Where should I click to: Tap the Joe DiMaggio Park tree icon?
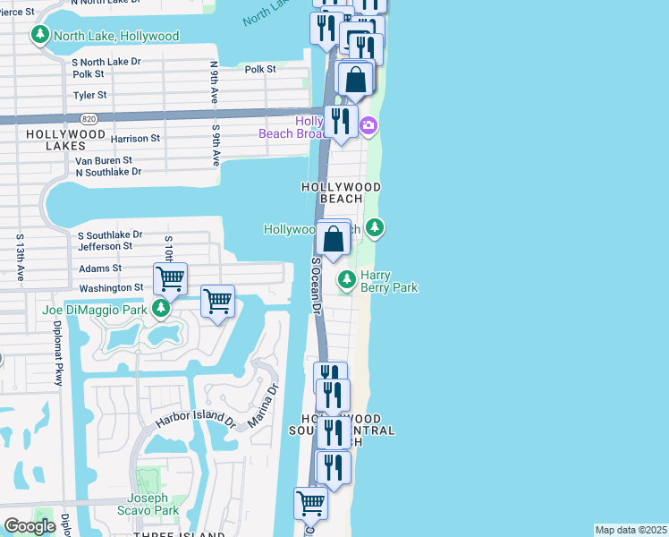[x=160, y=310]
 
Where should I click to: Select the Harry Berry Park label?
[x=389, y=282]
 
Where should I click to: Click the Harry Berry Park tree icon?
[x=347, y=281]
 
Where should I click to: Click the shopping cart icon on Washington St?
[x=170, y=277]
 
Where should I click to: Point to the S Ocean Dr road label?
[x=316, y=286]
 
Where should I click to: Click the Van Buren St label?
[x=103, y=161]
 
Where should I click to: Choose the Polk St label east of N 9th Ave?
[x=259, y=69]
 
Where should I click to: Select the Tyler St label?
[x=89, y=95]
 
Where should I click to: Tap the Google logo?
[x=30, y=526]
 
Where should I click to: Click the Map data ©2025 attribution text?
[x=630, y=530]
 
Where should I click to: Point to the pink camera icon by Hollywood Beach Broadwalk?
[x=369, y=126]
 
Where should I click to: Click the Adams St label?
[x=99, y=268]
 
